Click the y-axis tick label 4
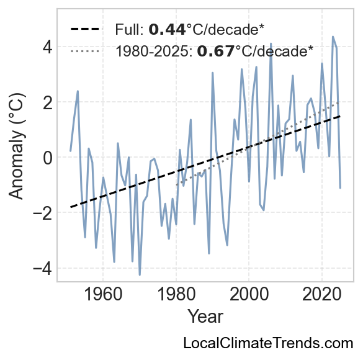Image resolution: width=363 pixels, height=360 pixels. click(47, 48)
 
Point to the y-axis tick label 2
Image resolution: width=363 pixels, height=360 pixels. click(47, 103)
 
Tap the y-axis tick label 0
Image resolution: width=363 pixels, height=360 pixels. click(47, 158)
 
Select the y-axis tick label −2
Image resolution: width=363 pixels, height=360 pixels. click(43, 214)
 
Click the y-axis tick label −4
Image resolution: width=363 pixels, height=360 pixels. click(43, 269)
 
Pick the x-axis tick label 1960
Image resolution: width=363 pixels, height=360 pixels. click(103, 295)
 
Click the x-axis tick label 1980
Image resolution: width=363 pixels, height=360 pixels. click(176, 295)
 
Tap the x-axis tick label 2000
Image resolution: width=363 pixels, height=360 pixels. click(249, 295)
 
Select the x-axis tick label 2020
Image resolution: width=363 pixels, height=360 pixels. click(322, 295)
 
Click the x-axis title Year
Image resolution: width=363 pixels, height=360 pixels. click(205, 317)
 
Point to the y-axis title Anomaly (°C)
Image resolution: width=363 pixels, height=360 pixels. click(16, 146)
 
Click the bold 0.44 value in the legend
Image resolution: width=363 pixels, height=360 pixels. click(167, 30)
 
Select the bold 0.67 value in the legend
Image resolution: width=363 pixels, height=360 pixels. click(216, 51)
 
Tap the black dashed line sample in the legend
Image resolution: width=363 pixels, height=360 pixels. click(86, 29)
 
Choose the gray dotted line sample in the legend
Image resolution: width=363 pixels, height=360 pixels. click(85, 51)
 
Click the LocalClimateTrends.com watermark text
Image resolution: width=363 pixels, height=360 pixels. click(268, 343)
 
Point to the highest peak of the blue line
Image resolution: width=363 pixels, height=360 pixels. click(333, 37)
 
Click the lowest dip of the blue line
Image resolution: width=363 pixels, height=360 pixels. click(140, 275)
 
